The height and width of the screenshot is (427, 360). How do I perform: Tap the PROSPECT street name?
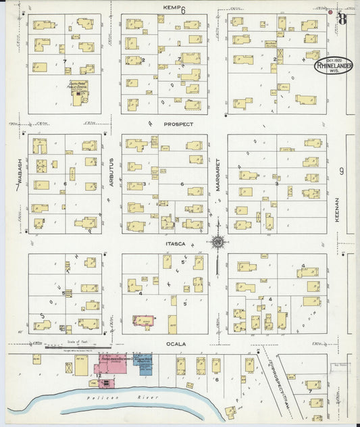(178, 124)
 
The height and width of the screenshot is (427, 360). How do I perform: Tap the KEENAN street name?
(336, 209)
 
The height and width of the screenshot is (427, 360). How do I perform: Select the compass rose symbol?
(218, 242)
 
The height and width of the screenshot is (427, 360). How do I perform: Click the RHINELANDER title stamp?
(333, 66)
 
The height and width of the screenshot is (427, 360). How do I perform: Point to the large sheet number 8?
(342, 18)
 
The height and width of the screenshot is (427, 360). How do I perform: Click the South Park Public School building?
(80, 94)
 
